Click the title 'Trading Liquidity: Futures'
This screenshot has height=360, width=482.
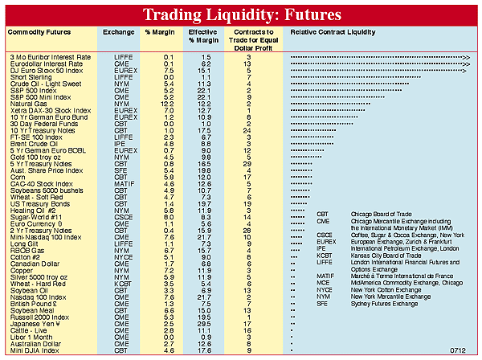point(241,14)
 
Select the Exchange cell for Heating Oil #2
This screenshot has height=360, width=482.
point(112,210)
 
